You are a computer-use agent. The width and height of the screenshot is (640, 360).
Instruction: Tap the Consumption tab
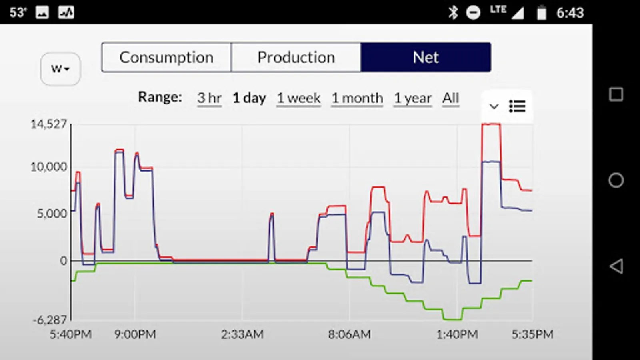166,58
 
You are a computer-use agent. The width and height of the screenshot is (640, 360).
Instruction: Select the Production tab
296,58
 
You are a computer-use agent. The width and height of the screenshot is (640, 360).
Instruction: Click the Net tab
426,58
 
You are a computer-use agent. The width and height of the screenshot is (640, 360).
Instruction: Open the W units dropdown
60,69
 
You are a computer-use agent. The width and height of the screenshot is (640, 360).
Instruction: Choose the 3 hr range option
209,98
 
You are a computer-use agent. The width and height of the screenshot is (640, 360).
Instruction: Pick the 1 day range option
249,98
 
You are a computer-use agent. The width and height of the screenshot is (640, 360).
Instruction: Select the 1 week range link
299,98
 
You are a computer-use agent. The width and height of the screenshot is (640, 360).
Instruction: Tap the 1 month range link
357,98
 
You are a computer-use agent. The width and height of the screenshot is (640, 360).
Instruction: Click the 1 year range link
413,98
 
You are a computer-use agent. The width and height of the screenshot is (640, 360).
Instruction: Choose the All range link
451,98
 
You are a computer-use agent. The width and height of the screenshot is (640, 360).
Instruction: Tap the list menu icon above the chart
517,106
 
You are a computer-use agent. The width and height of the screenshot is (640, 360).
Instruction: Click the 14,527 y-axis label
49,124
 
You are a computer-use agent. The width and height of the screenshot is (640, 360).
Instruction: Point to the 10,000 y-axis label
49,167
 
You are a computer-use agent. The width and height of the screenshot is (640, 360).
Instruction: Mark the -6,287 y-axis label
50,320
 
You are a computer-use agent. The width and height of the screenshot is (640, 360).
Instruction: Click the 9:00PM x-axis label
135,334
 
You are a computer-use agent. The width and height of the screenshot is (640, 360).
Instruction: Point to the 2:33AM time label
242,334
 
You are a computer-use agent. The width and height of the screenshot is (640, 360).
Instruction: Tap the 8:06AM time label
349,334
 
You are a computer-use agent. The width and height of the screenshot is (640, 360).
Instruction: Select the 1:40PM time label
457,334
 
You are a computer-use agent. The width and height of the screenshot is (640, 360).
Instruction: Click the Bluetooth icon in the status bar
453,12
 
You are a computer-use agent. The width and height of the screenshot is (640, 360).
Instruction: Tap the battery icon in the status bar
542,12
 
